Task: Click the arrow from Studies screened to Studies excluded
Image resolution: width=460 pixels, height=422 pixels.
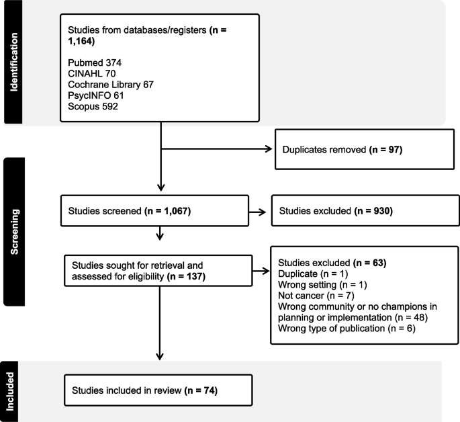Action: [256, 212]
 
